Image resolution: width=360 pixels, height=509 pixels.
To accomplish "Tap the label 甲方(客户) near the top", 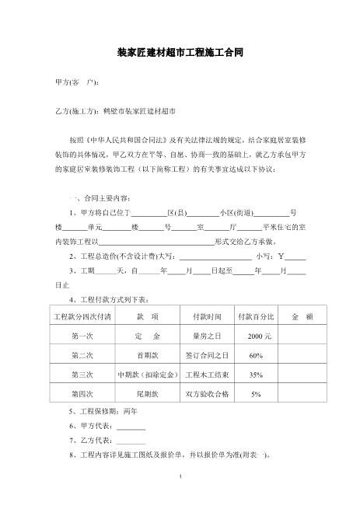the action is [x=76, y=81].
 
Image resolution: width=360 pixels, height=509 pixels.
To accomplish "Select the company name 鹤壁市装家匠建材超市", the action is [x=139, y=110].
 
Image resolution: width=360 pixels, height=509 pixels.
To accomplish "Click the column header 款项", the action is [x=147, y=317].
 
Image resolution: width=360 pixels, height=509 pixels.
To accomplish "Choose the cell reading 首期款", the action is [x=147, y=356].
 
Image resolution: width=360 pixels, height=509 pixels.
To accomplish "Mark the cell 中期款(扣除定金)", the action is [x=147, y=375].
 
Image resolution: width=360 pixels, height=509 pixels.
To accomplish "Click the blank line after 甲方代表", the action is [x=131, y=427].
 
